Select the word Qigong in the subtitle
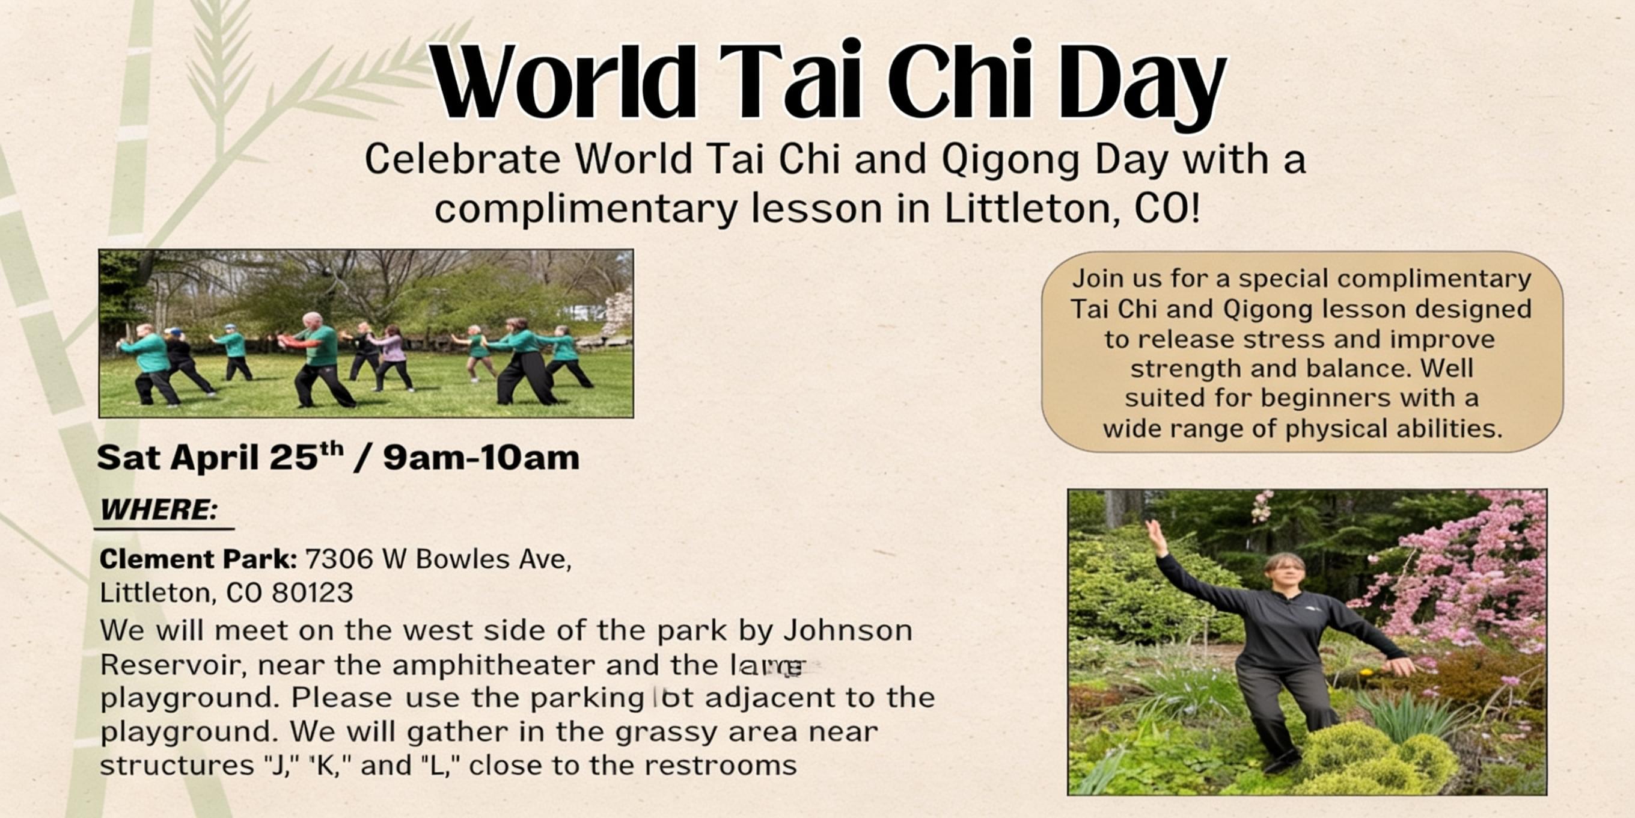pos(1010,159)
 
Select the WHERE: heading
pos(159,509)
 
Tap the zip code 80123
pos(313,592)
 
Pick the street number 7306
pos(339,559)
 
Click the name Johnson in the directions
pos(848,630)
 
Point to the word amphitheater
pos(494,665)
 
